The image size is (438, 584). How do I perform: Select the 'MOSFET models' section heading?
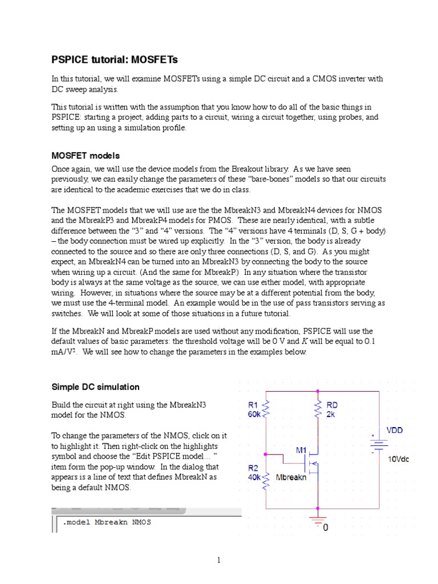point(86,156)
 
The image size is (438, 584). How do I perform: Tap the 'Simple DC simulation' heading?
point(96,387)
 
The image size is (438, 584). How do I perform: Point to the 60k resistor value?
point(254,415)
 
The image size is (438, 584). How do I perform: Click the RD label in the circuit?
point(332,405)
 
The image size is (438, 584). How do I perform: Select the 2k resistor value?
point(331,415)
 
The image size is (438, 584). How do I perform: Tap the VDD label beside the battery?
point(395,430)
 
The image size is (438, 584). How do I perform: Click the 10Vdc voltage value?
point(399,459)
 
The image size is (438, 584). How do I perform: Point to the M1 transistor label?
point(301,450)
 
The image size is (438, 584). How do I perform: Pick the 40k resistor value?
point(254,478)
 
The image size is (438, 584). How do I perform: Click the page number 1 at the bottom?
point(218,560)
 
